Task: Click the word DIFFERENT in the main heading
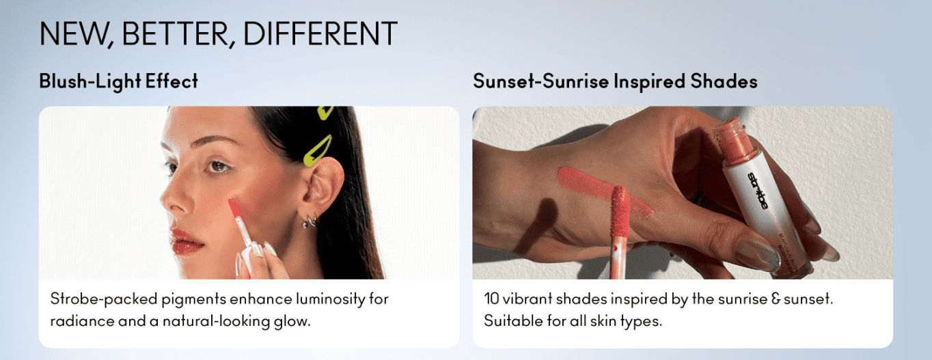click(x=320, y=33)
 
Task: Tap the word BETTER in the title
click(x=175, y=33)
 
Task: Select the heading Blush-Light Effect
click(x=119, y=81)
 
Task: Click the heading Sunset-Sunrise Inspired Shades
click(x=615, y=81)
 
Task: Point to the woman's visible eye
click(x=218, y=167)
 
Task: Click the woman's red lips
click(x=185, y=241)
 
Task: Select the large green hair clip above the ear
click(x=317, y=151)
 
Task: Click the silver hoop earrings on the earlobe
click(x=310, y=221)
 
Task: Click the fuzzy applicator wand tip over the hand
click(x=620, y=210)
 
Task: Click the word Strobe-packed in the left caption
click(x=104, y=299)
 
